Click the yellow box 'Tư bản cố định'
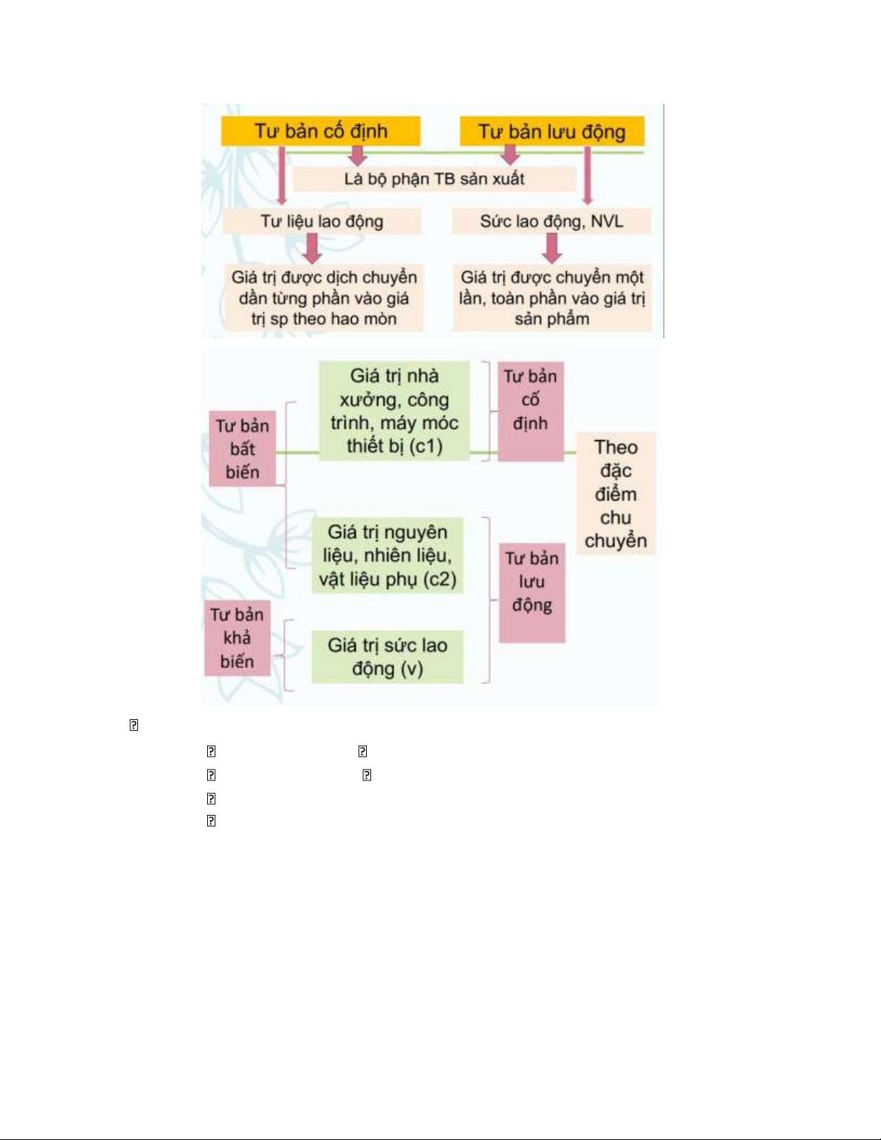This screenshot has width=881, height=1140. click(321, 131)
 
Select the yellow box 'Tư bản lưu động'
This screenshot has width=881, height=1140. click(552, 132)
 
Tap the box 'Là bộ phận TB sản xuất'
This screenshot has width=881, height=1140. click(434, 179)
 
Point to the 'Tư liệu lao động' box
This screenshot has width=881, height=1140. click(321, 222)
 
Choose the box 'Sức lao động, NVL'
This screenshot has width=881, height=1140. click(551, 222)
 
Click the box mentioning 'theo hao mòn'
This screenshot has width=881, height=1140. click(324, 298)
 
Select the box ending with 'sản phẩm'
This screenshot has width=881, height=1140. click(552, 298)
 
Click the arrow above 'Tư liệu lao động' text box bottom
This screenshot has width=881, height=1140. click(282, 176)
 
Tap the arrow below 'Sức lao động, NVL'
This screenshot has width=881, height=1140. click(552, 248)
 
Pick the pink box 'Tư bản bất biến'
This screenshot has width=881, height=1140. click(242, 449)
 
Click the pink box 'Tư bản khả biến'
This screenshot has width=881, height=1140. click(237, 638)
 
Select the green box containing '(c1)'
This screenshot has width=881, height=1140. click(394, 411)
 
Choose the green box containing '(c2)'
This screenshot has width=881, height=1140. click(387, 555)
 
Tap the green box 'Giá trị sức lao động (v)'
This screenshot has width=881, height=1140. click(387, 657)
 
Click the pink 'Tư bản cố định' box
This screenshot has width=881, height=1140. click(531, 411)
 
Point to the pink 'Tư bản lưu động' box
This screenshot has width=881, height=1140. click(532, 593)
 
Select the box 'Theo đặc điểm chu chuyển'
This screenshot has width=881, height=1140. click(616, 493)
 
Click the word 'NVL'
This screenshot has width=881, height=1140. click(607, 222)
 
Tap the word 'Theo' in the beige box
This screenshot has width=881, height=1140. click(616, 447)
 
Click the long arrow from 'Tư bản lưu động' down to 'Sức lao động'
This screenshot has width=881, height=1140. click(588, 176)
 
